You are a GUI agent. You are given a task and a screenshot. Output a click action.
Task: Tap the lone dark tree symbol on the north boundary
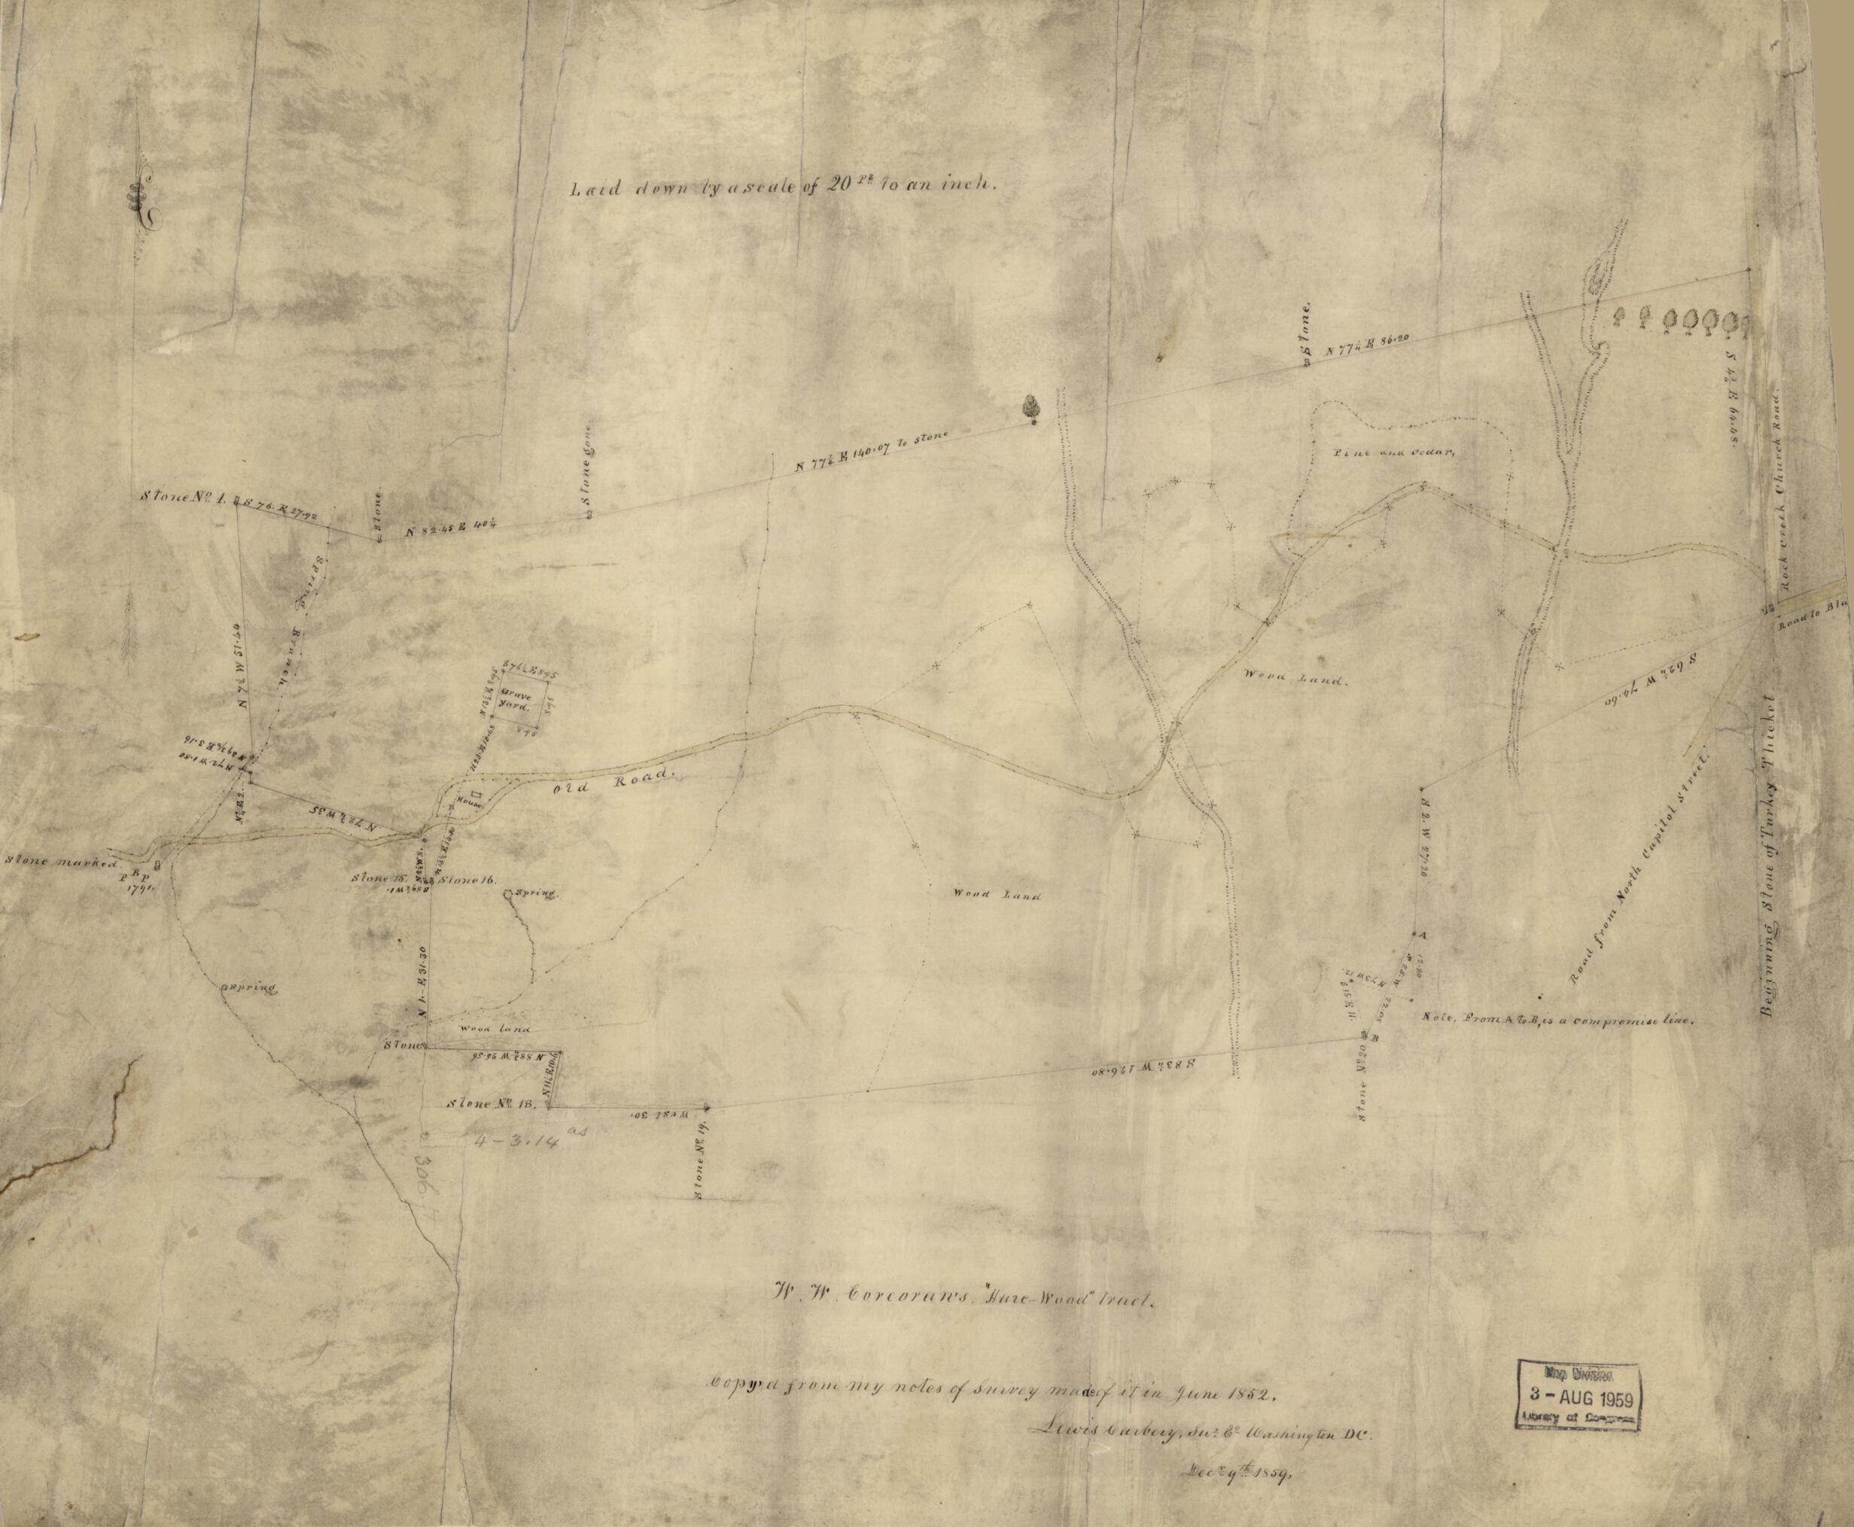tap(1029, 409)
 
